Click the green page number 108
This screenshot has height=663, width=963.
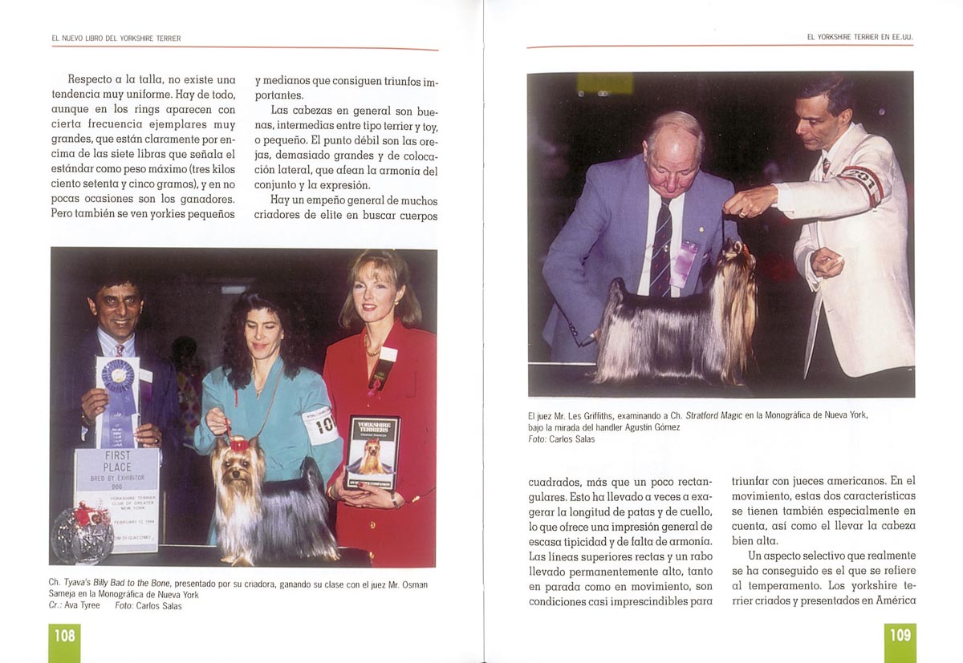[64, 636]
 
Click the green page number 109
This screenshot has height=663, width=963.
[900, 636]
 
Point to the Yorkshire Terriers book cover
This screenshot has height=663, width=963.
[372, 453]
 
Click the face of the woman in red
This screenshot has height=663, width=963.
[375, 293]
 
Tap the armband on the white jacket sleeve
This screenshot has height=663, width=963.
[862, 180]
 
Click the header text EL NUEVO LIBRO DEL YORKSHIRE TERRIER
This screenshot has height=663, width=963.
[116, 38]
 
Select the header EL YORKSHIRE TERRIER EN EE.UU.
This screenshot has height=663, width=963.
[859, 38]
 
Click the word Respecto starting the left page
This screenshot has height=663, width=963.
[90, 79]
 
